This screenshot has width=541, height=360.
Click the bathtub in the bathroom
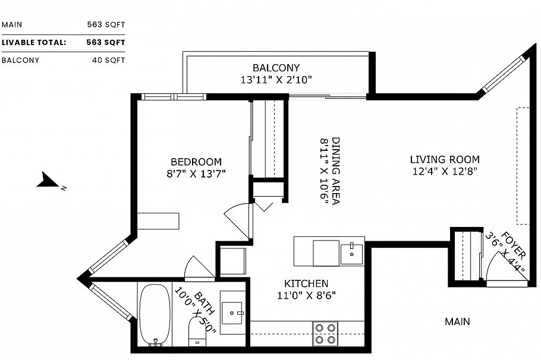[x=156, y=315]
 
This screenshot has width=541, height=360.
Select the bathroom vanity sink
[x=232, y=310]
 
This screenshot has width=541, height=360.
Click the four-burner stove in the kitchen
[x=325, y=333]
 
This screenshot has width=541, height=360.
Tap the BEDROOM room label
[x=196, y=162]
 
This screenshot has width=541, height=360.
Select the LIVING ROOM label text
[x=444, y=159]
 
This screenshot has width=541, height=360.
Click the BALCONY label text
[x=276, y=68]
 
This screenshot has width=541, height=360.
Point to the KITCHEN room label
[x=306, y=284]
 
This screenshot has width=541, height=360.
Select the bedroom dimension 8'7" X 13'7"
[x=197, y=173]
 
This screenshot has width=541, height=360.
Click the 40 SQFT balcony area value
[x=108, y=60]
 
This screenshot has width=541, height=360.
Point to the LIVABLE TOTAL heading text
[x=33, y=42]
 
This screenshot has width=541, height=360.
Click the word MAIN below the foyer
[x=457, y=321]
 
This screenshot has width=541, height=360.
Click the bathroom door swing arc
[x=197, y=267]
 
